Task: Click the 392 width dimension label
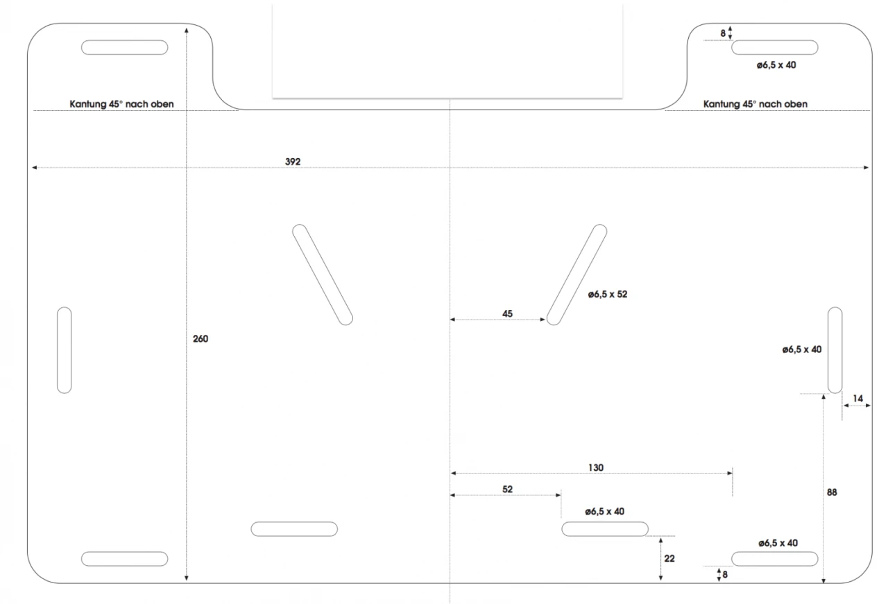coord(292,162)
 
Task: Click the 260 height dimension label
coord(200,339)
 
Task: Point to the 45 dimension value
coord(507,314)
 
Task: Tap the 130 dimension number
coord(596,467)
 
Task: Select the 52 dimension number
coord(507,489)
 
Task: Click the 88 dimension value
coord(832,492)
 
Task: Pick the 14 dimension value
coord(858,399)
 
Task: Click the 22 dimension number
coord(669,558)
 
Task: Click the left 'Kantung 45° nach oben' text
coord(121,104)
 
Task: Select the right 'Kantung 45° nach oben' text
coord(755,104)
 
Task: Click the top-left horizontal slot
coord(125,47)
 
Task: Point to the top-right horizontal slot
coord(775,47)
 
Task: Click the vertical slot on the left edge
coord(64,350)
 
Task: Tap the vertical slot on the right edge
coord(835,350)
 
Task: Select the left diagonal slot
coord(323,275)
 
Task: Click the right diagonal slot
coord(577,275)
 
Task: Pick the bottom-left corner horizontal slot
coord(125,558)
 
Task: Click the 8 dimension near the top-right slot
coord(722,33)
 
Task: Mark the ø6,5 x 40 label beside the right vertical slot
coord(801,350)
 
